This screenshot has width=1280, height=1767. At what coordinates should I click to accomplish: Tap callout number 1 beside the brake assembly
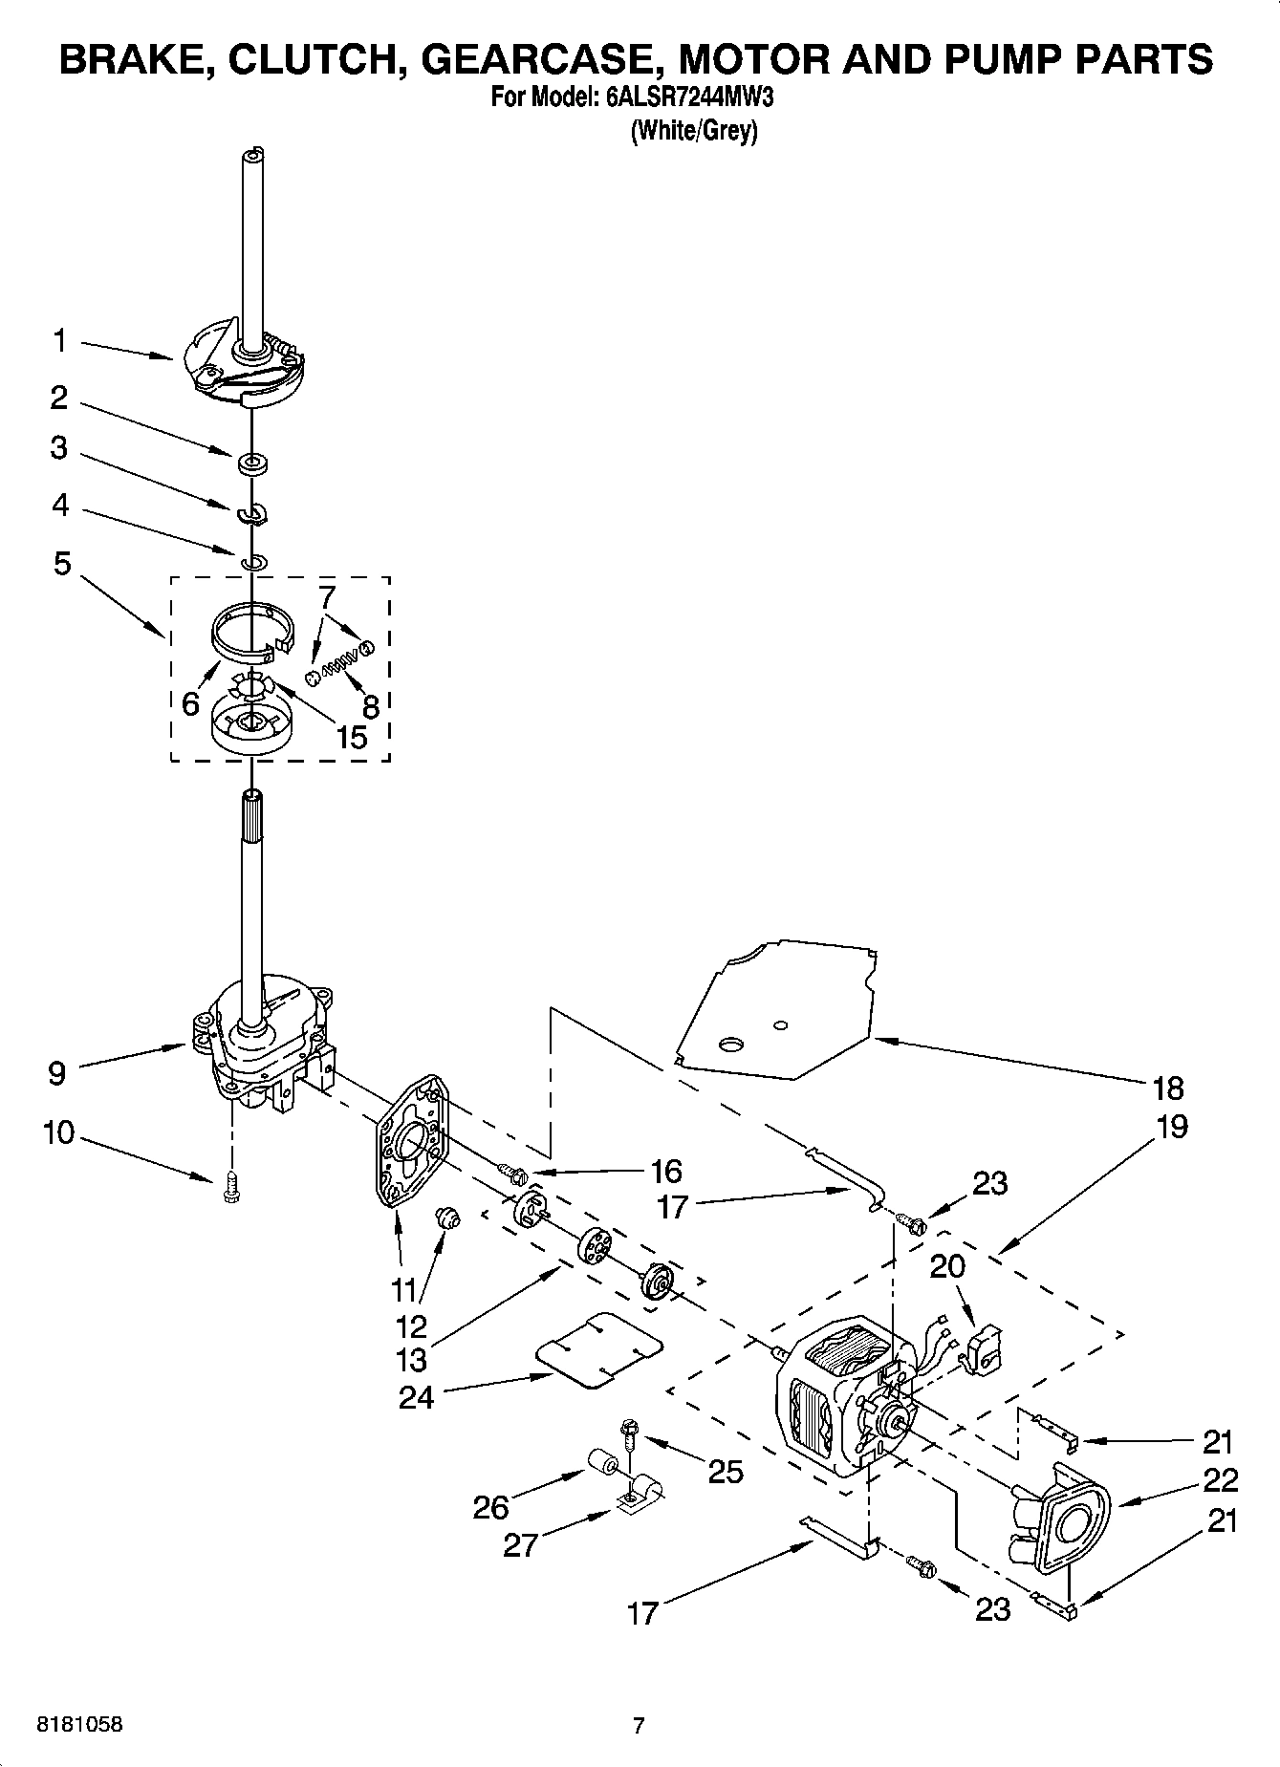[x=59, y=340]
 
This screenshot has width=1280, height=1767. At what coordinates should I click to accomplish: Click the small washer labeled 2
[x=252, y=464]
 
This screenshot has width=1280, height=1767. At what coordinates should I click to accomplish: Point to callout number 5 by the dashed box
[x=62, y=564]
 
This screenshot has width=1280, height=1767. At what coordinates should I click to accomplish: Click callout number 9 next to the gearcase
[x=56, y=1073]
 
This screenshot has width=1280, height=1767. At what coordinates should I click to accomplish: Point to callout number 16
[x=665, y=1171]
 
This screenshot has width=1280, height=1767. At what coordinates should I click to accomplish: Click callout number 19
[x=1171, y=1127]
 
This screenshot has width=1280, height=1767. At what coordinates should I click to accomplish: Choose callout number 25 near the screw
[x=726, y=1472]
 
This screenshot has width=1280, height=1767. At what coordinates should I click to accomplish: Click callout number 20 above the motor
[x=947, y=1267]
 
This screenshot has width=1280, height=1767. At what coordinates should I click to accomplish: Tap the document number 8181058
[x=79, y=1725]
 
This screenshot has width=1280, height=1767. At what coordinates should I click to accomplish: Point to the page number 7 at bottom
[x=639, y=1725]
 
